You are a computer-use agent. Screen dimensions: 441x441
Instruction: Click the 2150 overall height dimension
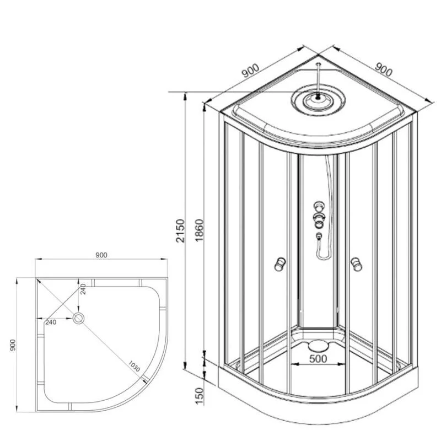coord(180,230)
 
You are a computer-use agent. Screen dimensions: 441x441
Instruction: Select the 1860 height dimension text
coord(199,230)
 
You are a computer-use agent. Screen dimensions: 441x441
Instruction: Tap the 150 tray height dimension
coord(199,396)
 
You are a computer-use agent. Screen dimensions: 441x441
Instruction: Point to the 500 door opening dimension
coord(318,359)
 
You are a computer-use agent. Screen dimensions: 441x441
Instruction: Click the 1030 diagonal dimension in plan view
coord(134,366)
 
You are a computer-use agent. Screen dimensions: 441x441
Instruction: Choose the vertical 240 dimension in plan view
coord(83,289)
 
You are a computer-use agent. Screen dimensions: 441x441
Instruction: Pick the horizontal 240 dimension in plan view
coord(51,322)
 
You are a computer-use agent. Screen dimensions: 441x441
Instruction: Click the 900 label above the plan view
coord(101,255)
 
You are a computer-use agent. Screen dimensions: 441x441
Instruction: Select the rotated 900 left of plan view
coord(13,345)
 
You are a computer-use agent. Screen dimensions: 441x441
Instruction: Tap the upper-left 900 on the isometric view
coord(250,71)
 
